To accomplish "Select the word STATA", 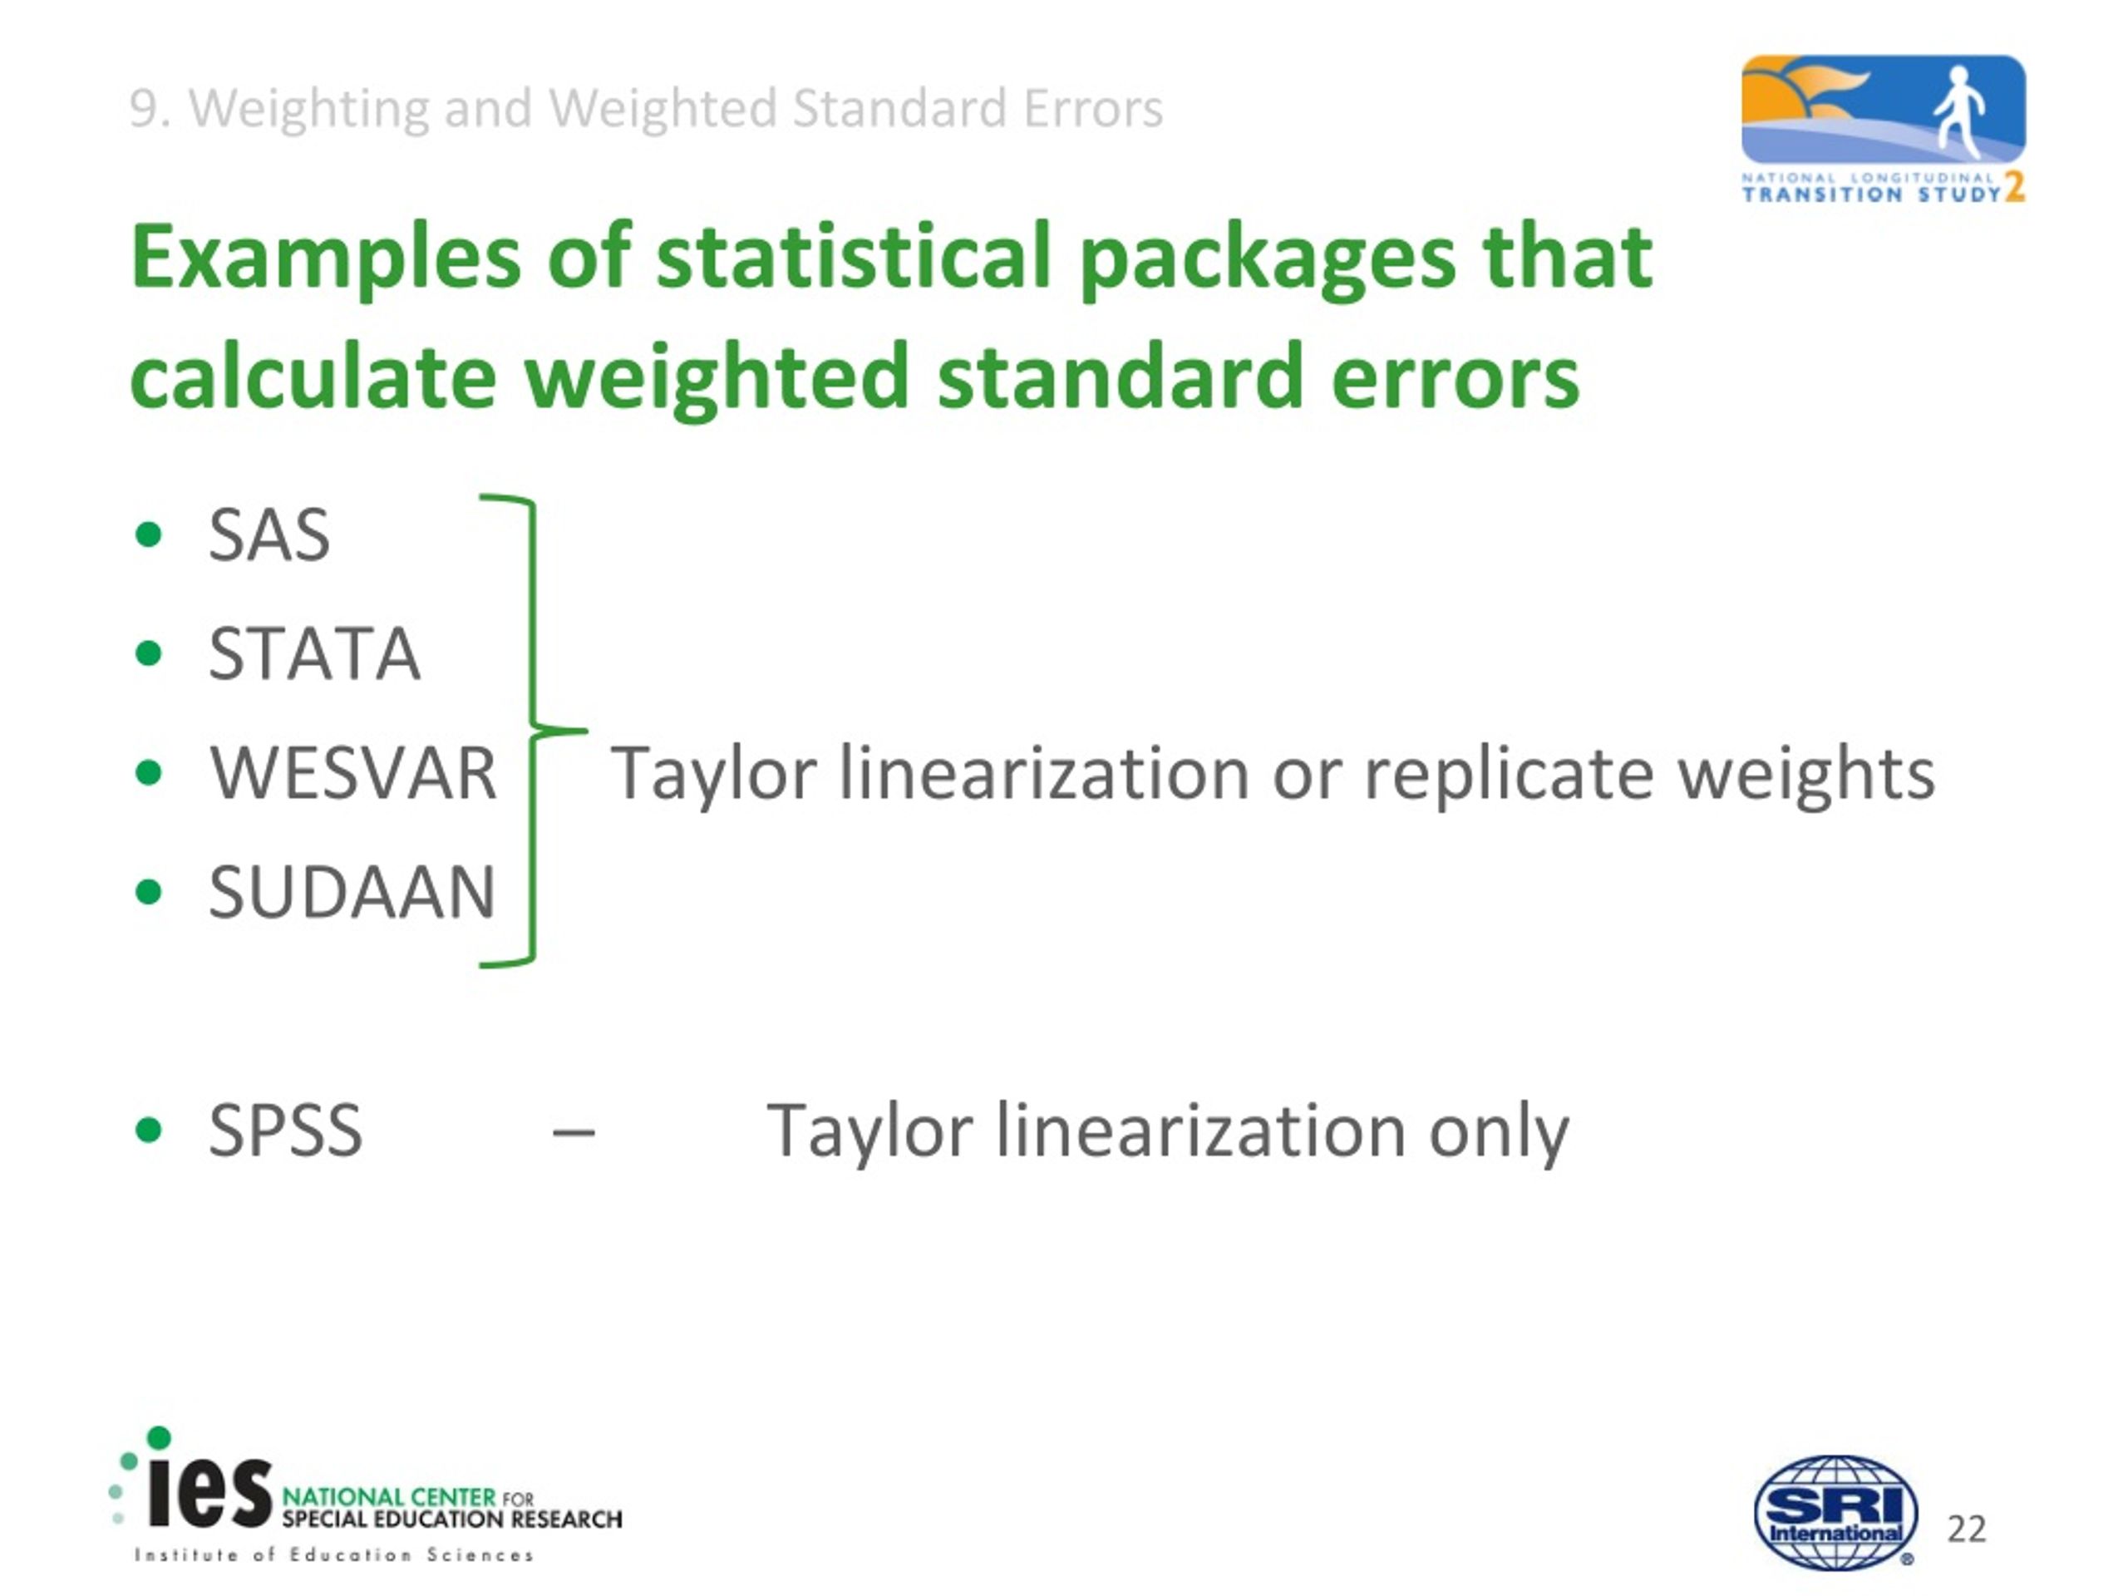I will point(314,654).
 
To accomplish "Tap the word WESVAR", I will point(353,773).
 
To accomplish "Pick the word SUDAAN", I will point(352,893).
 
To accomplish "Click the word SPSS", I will point(286,1130).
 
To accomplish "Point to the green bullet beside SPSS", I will point(149,1130).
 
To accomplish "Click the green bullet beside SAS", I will point(149,534).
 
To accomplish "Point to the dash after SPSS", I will point(574,1132).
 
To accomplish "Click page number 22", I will point(1967,1529).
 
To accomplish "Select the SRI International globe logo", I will point(1835,1513).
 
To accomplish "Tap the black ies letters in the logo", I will point(209,1494).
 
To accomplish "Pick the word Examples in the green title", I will point(325,258).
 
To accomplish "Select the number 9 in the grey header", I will point(142,109).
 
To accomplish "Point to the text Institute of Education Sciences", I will point(334,1555).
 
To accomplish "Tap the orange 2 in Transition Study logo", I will point(2013,188).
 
